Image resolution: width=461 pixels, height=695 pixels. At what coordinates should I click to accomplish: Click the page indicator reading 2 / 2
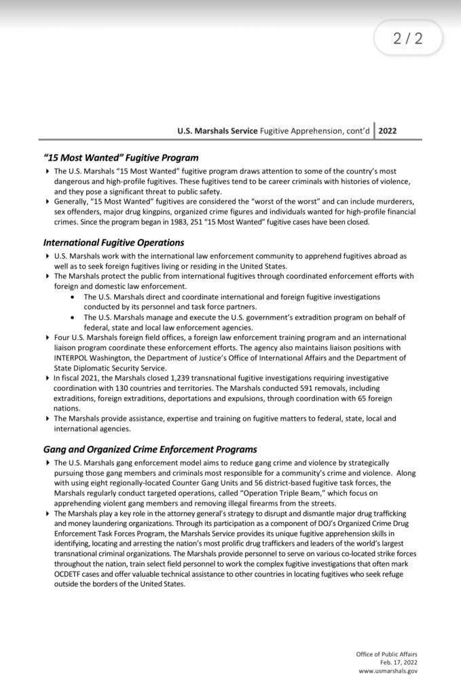407,39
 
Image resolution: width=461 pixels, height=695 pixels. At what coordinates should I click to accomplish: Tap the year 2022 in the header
388,131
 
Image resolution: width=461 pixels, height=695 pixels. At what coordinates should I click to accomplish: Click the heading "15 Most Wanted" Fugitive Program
121,157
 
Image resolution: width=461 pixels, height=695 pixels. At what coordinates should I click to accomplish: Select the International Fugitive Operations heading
113,242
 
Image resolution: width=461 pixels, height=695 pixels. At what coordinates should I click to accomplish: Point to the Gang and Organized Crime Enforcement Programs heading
150,449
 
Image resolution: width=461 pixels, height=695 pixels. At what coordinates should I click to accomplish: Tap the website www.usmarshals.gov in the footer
388,671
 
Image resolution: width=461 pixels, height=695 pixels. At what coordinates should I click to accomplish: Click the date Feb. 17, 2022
399,663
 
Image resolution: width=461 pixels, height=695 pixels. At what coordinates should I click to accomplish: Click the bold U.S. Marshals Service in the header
217,131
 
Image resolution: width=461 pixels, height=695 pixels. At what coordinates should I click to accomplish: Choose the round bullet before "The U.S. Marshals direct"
73,297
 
